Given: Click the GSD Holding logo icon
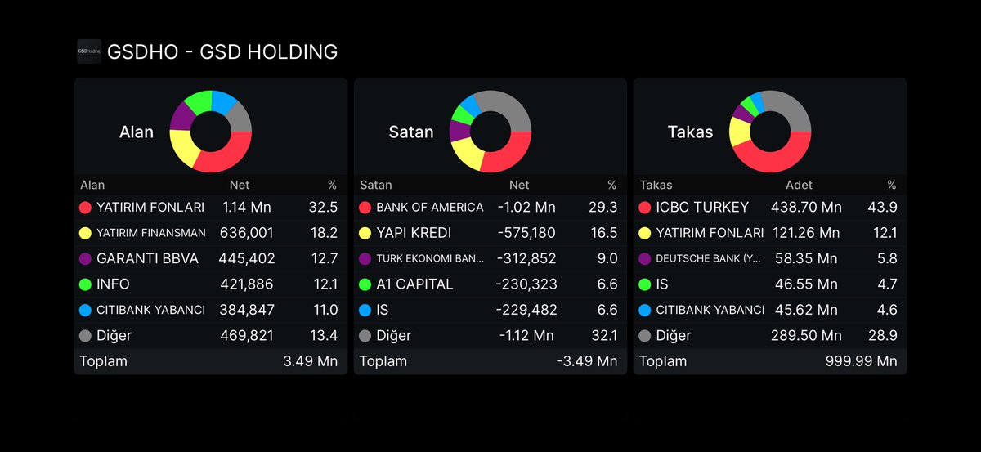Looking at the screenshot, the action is [x=89, y=51].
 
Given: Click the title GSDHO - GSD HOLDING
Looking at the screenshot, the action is [x=222, y=51].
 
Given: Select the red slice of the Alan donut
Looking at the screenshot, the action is [x=228, y=154].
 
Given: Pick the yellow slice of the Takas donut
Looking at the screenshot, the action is [x=740, y=132].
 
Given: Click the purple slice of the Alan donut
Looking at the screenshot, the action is [x=181, y=116].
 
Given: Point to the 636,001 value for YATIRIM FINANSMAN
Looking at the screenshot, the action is [x=247, y=233].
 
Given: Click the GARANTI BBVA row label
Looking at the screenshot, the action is [x=148, y=258].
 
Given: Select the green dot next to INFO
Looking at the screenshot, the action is [x=85, y=284].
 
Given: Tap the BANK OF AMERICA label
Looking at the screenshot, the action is [x=430, y=207].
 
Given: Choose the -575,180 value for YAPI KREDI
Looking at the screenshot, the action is [x=526, y=233].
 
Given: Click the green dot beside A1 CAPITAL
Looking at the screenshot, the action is [x=365, y=284].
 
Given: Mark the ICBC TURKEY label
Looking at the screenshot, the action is [x=702, y=207].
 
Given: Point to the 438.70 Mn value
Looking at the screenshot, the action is [x=806, y=207].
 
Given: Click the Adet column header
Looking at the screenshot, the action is [x=799, y=185].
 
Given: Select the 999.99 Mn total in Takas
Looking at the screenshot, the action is [x=862, y=361].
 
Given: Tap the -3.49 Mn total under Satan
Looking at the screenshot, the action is [x=587, y=361].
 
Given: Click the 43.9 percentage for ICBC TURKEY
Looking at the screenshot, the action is [x=882, y=207].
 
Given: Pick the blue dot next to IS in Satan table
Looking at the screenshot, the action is [x=365, y=310].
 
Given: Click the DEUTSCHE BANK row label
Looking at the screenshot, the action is [x=708, y=258].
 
